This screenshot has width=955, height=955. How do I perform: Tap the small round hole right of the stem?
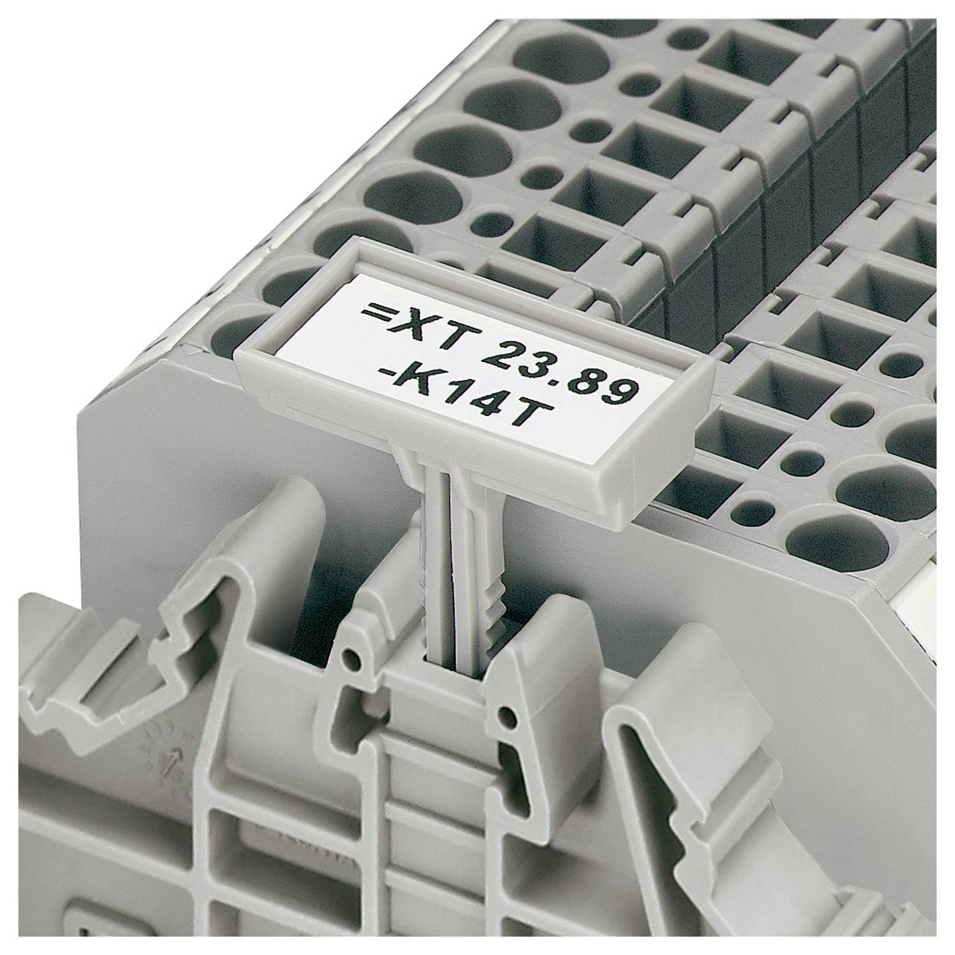pyautogui.click(x=506, y=714)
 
